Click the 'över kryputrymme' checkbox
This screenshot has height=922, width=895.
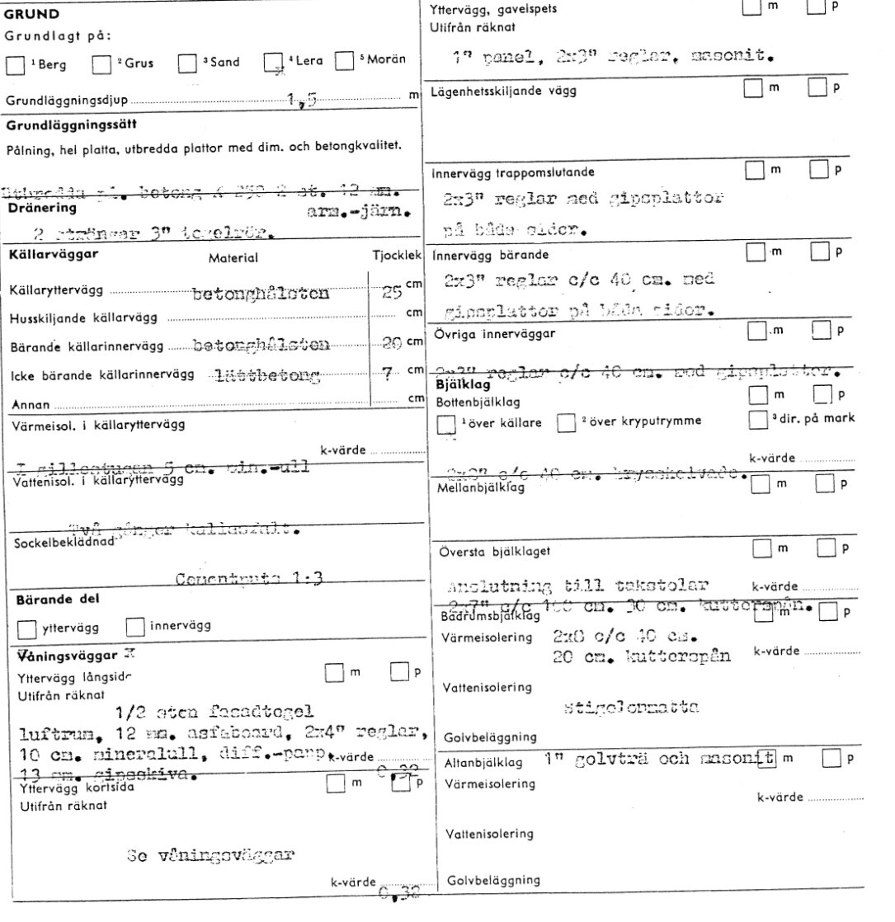[x=566, y=425]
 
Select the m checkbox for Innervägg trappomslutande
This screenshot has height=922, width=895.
[x=754, y=171]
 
